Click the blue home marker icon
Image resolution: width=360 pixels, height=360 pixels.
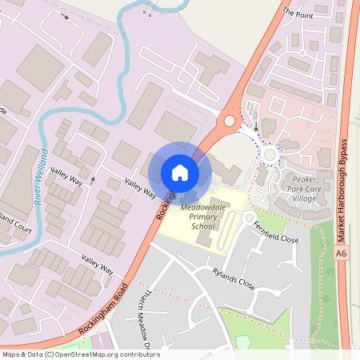(x=180, y=173)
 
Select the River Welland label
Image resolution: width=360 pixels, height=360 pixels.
(x=43, y=177)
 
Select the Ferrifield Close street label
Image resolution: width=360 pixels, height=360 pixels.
(x=275, y=233)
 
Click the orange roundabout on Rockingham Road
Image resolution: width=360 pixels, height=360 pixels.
(x=230, y=121)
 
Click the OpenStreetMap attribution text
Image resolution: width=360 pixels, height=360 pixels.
(x=80, y=354)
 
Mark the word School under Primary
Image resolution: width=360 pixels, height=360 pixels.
(x=204, y=226)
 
